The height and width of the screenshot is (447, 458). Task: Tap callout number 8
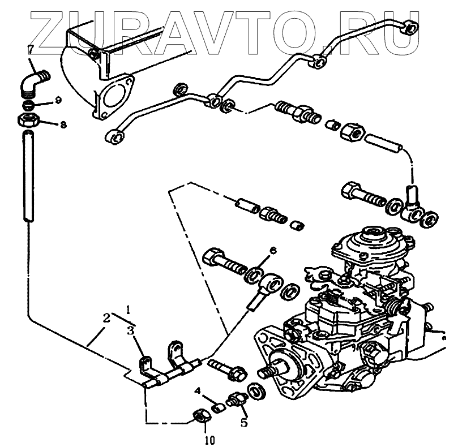(63, 124)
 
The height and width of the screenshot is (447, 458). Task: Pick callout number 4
(198, 390)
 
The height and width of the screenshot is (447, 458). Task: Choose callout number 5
(244, 422)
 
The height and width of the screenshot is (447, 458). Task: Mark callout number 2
(106, 319)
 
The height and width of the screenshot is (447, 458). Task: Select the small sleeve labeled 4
(216, 405)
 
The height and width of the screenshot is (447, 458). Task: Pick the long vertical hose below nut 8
(27, 175)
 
